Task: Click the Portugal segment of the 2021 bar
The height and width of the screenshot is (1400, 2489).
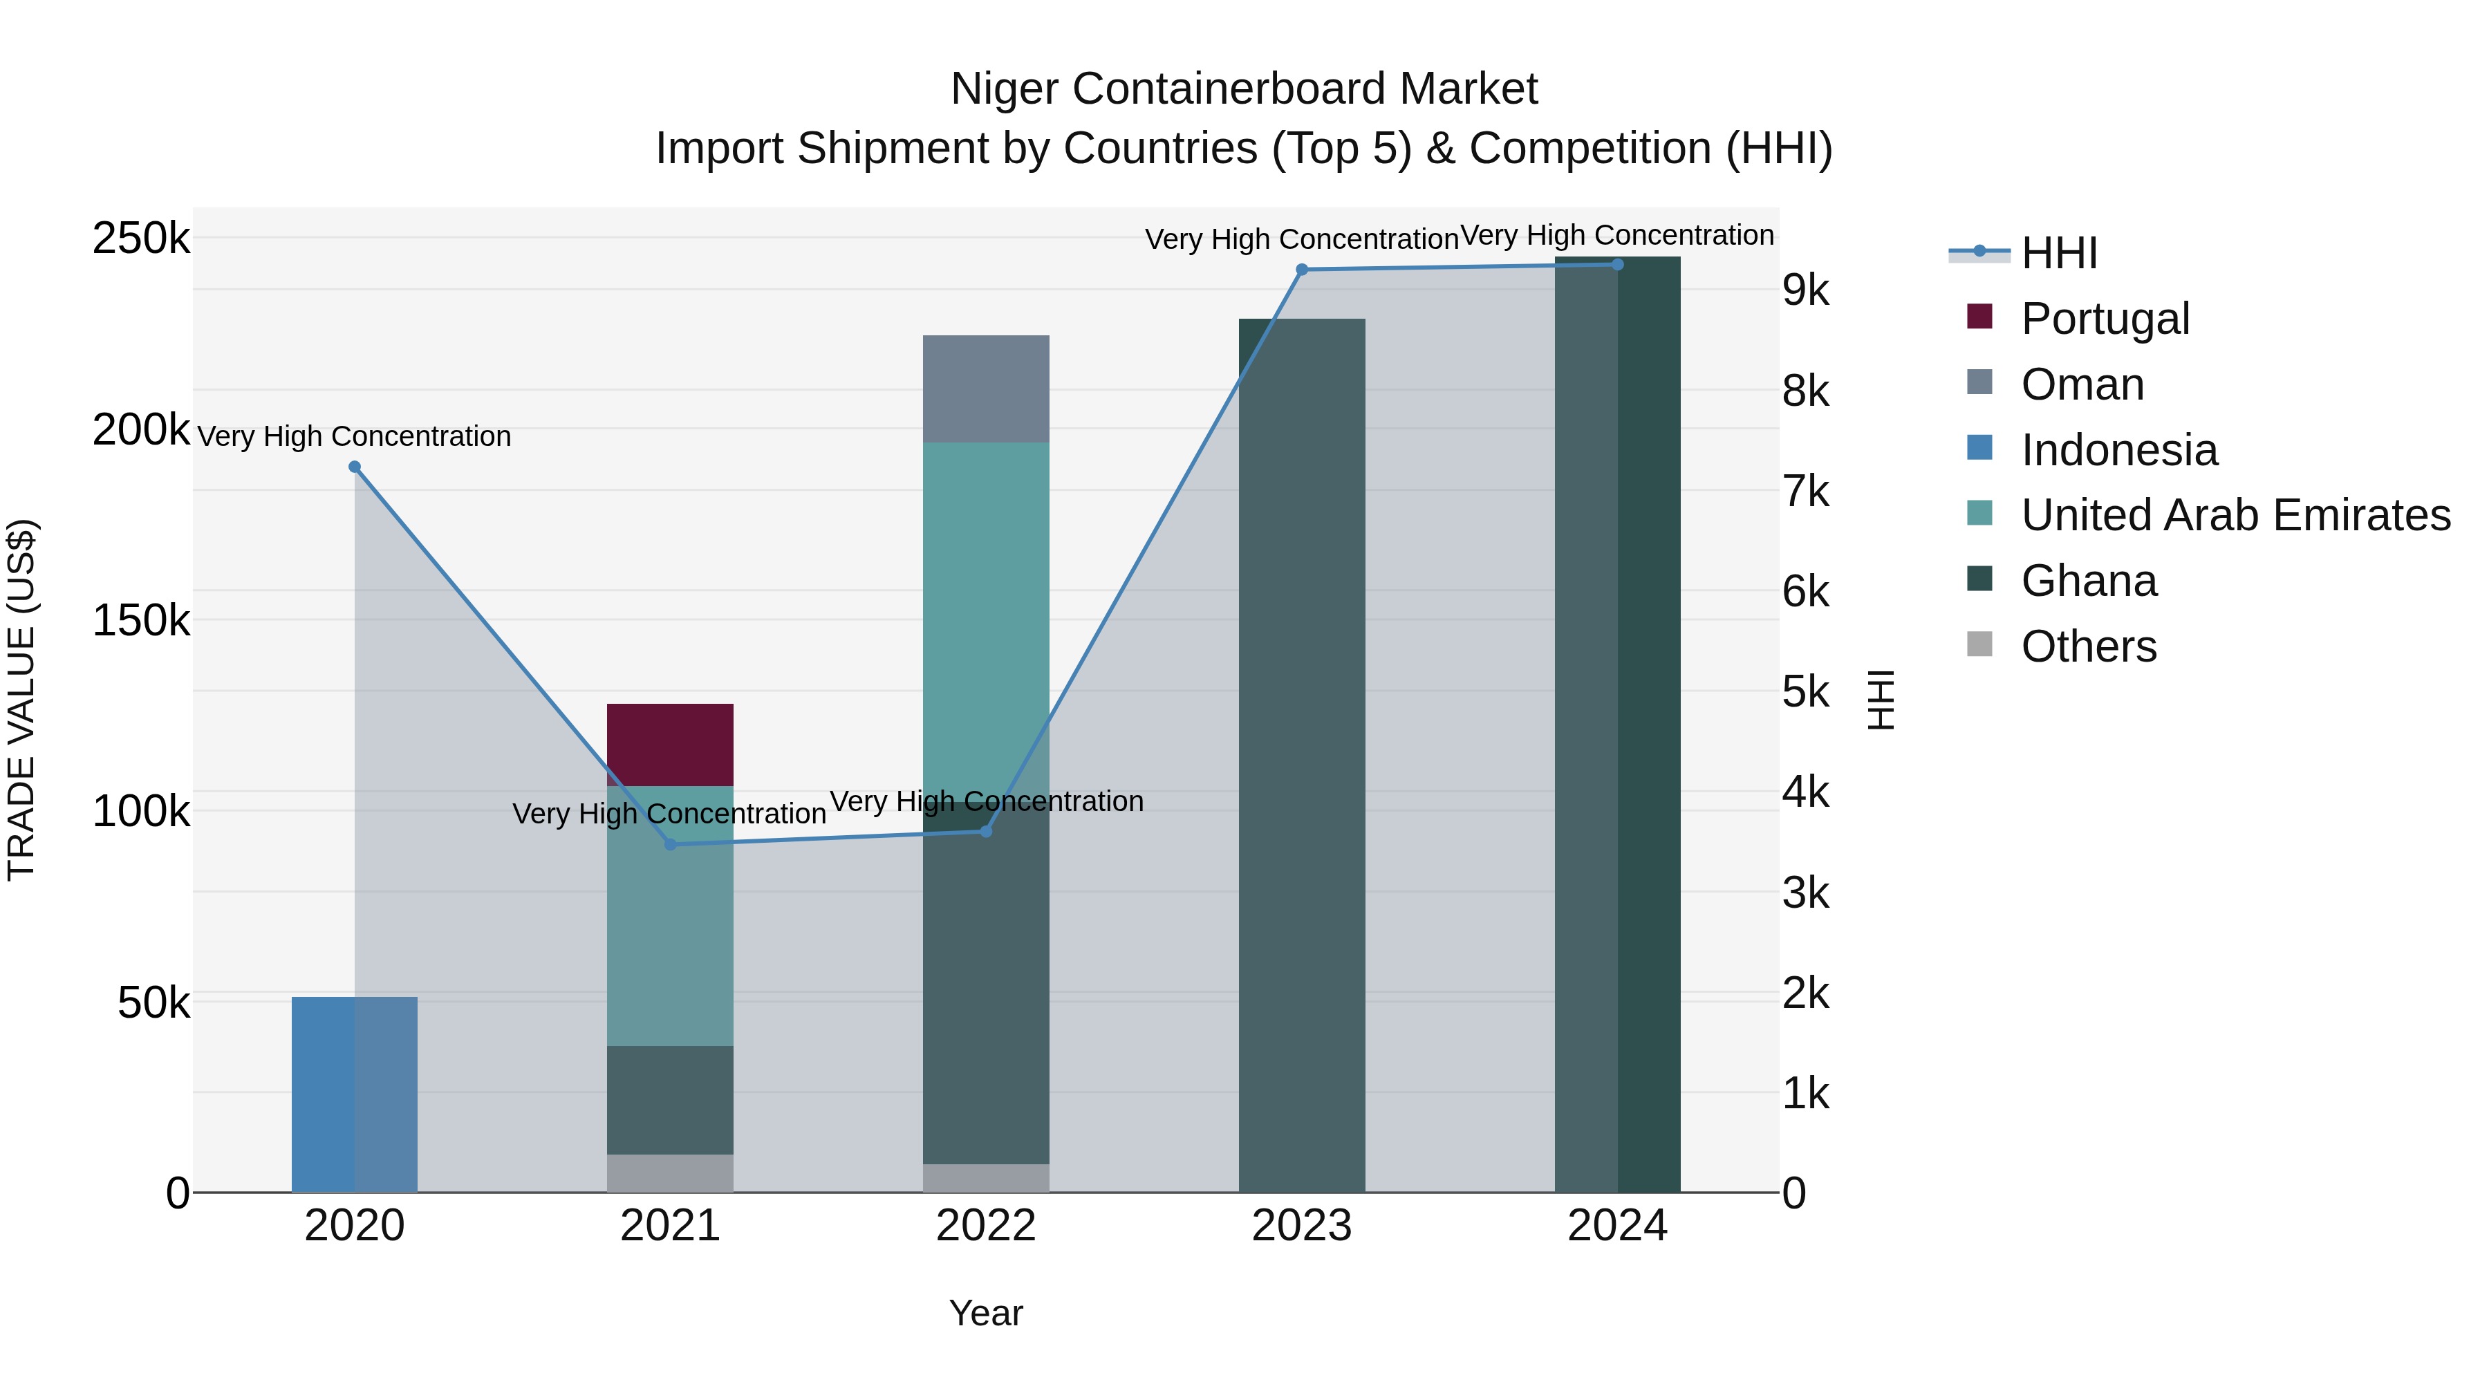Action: click(669, 744)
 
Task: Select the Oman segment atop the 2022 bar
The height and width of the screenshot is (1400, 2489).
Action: click(985, 389)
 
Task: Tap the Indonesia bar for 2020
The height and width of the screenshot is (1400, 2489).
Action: click(353, 1094)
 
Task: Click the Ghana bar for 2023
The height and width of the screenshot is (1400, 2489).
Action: click(1301, 754)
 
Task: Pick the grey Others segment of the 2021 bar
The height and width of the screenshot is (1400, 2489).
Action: click(669, 1173)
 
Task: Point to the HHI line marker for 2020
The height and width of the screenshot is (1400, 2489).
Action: click(355, 467)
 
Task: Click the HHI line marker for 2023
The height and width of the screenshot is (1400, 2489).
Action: click(1301, 270)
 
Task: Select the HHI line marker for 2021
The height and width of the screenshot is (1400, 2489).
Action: click(671, 844)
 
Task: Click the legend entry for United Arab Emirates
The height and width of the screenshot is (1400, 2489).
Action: click(2235, 515)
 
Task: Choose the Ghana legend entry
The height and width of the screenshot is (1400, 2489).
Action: click(2088, 581)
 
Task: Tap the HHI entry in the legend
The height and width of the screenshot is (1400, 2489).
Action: click(2058, 253)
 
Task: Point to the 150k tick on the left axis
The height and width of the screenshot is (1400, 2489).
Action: click(141, 620)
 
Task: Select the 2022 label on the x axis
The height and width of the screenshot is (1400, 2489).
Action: click(985, 1226)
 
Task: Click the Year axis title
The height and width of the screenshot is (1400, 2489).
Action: click(985, 1313)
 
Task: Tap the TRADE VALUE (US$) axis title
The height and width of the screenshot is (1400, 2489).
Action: click(21, 700)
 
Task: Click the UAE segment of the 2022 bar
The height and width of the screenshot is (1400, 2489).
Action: click(985, 618)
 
